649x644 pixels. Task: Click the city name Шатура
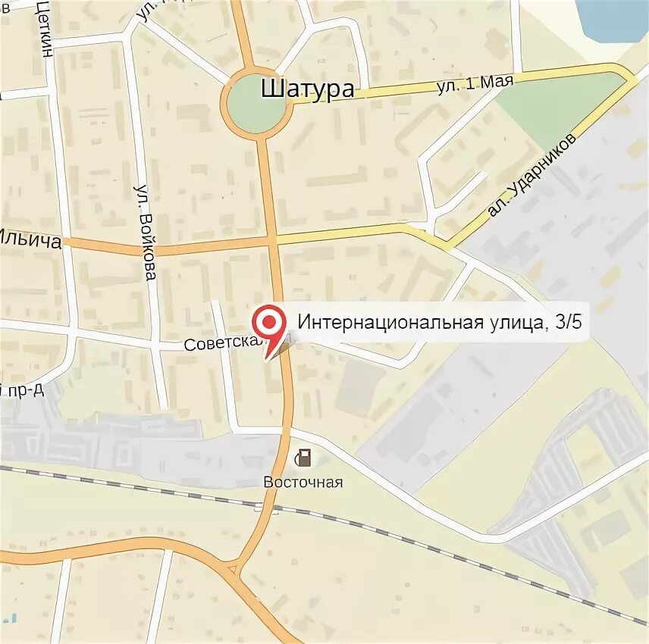(307, 89)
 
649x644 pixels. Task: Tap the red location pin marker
(268, 322)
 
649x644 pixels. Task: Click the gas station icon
(303, 458)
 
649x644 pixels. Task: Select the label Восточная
(303, 483)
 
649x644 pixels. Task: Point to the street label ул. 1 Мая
(475, 83)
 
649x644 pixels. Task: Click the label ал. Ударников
(532, 175)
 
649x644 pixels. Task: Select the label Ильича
(30, 241)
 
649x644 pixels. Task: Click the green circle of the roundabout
(257, 105)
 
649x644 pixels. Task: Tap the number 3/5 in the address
(568, 323)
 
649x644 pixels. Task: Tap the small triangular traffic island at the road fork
(232, 567)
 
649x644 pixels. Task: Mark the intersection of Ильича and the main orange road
(273, 241)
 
